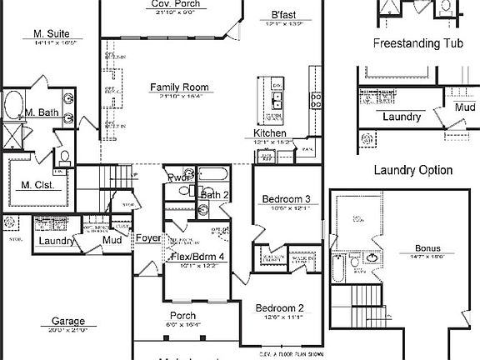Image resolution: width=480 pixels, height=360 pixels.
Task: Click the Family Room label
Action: (x=179, y=87)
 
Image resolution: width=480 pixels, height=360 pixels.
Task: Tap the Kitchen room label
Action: (x=270, y=133)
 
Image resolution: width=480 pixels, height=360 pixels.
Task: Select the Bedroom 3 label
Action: (x=287, y=199)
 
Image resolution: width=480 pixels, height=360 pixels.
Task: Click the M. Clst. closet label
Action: (x=37, y=185)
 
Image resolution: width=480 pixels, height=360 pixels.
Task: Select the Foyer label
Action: (x=149, y=237)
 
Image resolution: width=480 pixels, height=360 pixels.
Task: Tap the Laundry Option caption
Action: (x=413, y=170)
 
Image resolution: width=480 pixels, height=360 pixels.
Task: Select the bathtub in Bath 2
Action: (x=215, y=176)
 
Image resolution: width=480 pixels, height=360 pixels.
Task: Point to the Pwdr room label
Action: (x=176, y=177)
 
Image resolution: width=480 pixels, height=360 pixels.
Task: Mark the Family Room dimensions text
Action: (x=179, y=97)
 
